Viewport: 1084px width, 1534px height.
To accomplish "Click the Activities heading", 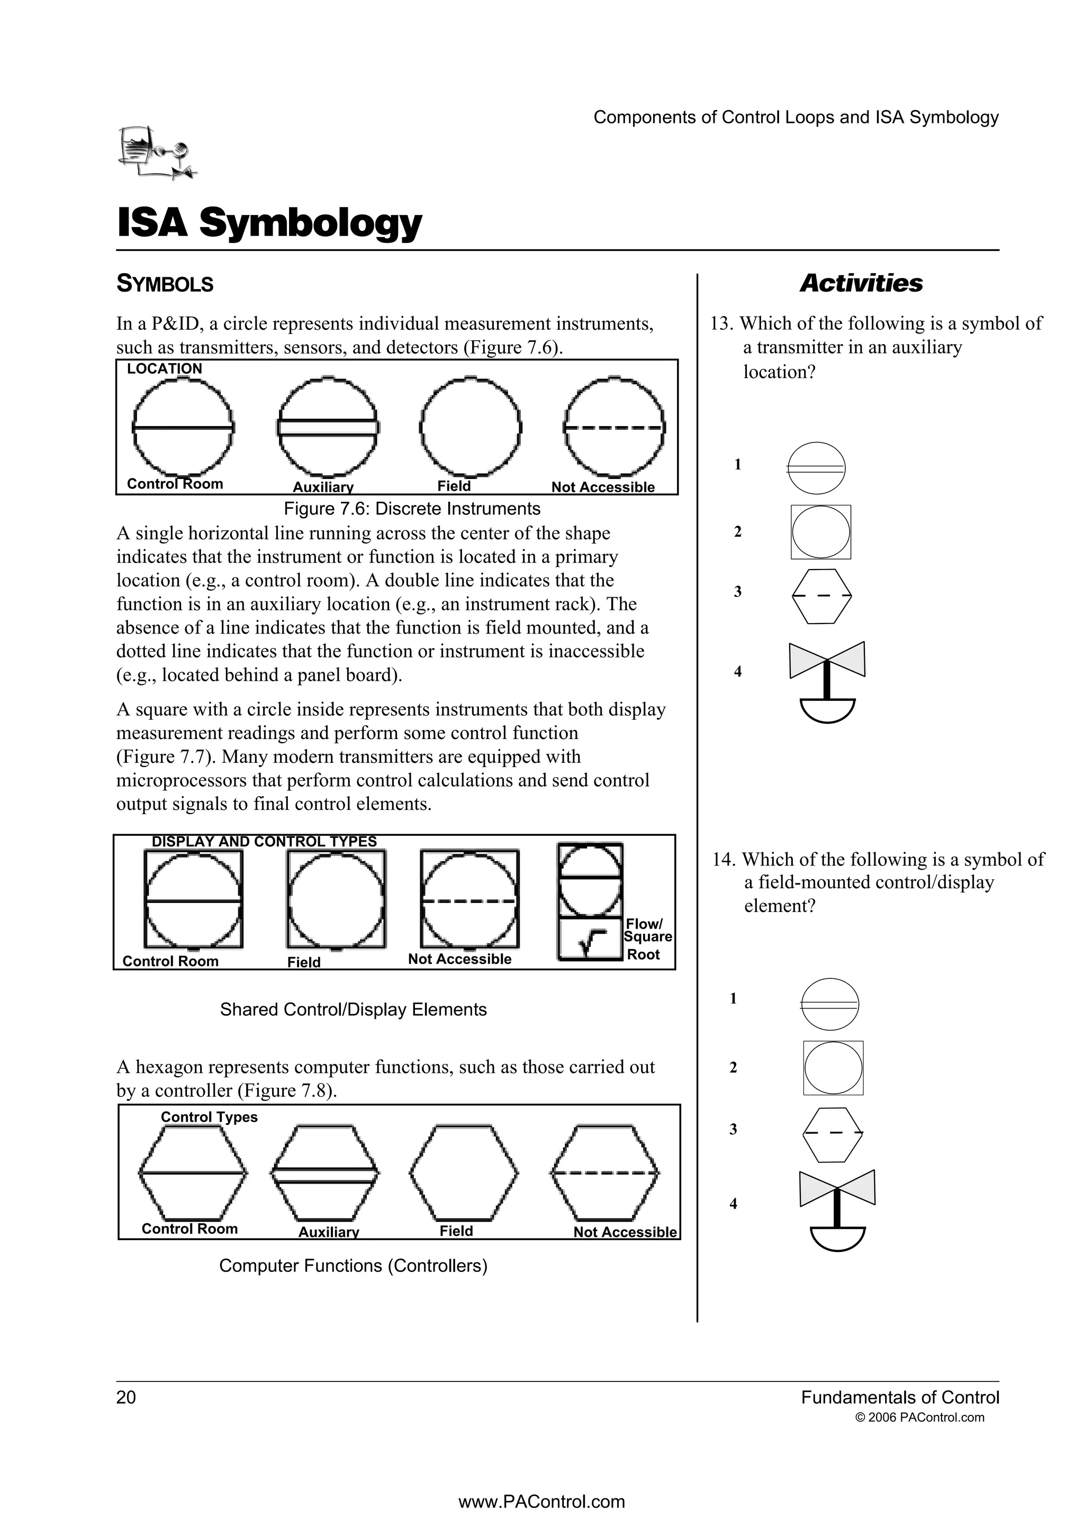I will pos(861,283).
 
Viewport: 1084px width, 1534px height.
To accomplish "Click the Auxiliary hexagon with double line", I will pos(326,1172).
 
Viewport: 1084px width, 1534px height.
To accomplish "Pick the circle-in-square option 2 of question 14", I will pos(833,1068).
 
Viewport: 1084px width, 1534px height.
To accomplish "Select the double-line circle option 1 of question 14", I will pos(829,1004).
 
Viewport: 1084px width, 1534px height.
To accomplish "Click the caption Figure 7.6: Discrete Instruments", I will pos(412,509).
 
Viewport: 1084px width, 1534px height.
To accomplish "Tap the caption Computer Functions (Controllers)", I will pos(354,1266).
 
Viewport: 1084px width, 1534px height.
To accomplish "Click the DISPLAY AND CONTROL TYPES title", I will pos(265,842).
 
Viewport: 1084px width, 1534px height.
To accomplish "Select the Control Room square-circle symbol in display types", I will pos(194,899).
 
